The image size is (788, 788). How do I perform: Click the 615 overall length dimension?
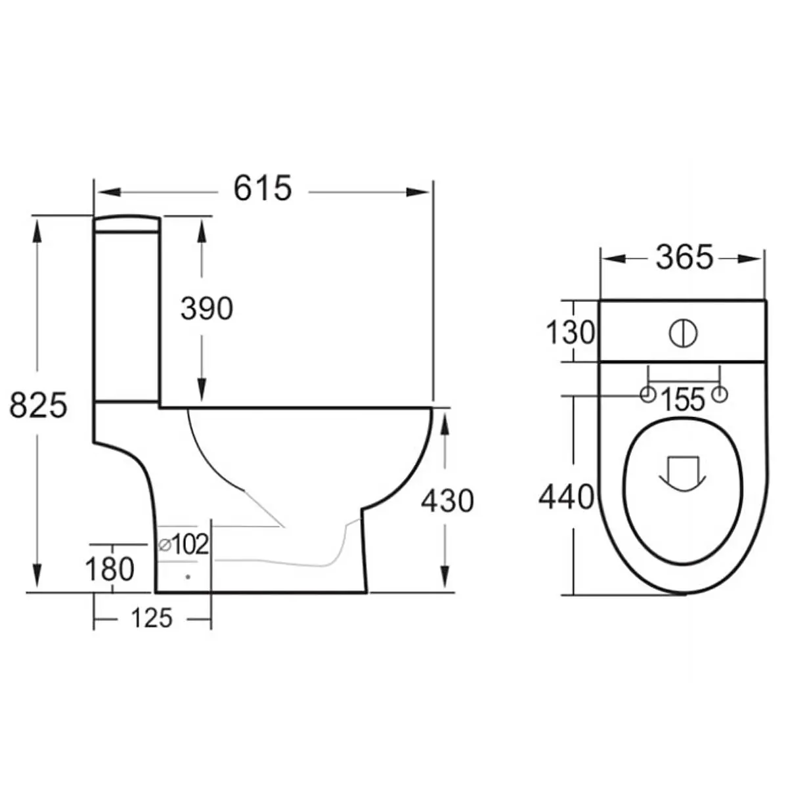tap(262, 189)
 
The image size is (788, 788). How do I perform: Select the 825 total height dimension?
tap(38, 405)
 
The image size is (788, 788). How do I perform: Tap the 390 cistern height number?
tap(206, 309)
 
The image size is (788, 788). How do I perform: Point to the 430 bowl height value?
tap(447, 501)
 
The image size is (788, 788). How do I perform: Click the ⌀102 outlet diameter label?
tap(185, 544)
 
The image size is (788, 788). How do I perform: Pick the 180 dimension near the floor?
tap(110, 569)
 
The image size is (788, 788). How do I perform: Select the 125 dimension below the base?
tap(152, 618)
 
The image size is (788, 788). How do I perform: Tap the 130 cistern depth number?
tap(570, 333)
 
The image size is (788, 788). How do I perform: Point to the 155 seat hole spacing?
tap(683, 400)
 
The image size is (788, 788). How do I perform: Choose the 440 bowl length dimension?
tap(566, 497)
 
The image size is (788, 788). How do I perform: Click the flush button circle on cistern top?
tap(683, 334)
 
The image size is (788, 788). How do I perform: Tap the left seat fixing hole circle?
tap(647, 395)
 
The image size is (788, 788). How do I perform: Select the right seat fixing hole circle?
tap(720, 395)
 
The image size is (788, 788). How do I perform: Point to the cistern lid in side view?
tap(127, 224)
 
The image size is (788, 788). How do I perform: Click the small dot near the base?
tap(188, 577)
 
